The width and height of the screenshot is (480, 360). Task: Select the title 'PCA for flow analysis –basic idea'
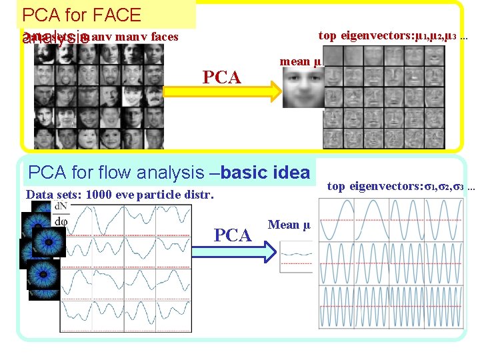[x=169, y=173]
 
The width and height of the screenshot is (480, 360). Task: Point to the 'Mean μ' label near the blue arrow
[x=289, y=225]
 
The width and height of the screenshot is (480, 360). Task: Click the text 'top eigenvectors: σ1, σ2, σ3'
[x=401, y=186]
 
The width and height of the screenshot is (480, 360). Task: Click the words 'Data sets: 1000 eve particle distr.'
[x=120, y=195]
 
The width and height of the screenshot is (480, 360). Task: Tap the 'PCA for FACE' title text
[x=81, y=15]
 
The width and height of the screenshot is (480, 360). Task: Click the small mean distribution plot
[x=295, y=256]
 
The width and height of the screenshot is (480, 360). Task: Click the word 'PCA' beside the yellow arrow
[x=221, y=77]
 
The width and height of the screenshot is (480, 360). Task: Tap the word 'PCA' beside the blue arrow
[x=233, y=235]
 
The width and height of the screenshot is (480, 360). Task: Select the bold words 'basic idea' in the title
[x=265, y=173]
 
